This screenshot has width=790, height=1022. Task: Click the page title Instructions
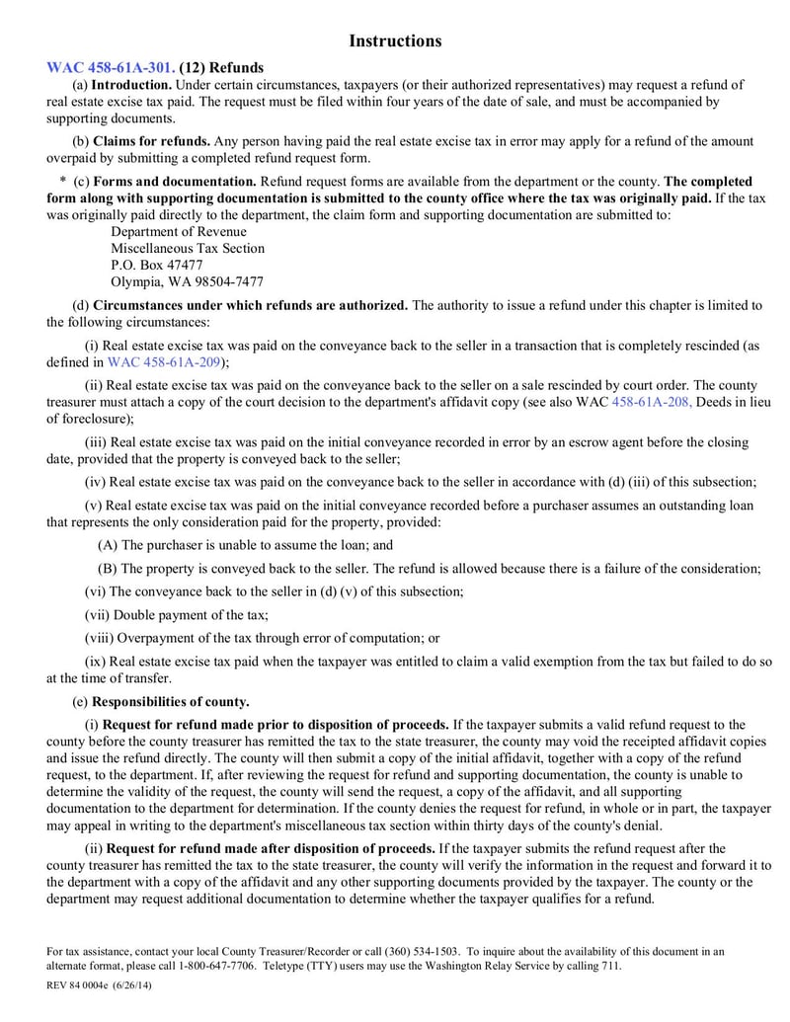point(395,40)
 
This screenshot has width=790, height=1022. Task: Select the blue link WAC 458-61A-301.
point(111,68)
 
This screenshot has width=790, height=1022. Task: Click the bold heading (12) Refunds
point(222,68)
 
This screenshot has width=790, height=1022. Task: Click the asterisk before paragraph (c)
point(62,182)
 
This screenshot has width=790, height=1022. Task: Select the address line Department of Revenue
point(179,231)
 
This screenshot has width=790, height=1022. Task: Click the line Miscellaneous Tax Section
point(188,248)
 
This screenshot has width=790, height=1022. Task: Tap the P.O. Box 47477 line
point(157,265)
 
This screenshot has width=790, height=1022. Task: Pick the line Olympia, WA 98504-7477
point(187,281)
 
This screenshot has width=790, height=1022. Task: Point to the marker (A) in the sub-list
point(107,544)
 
